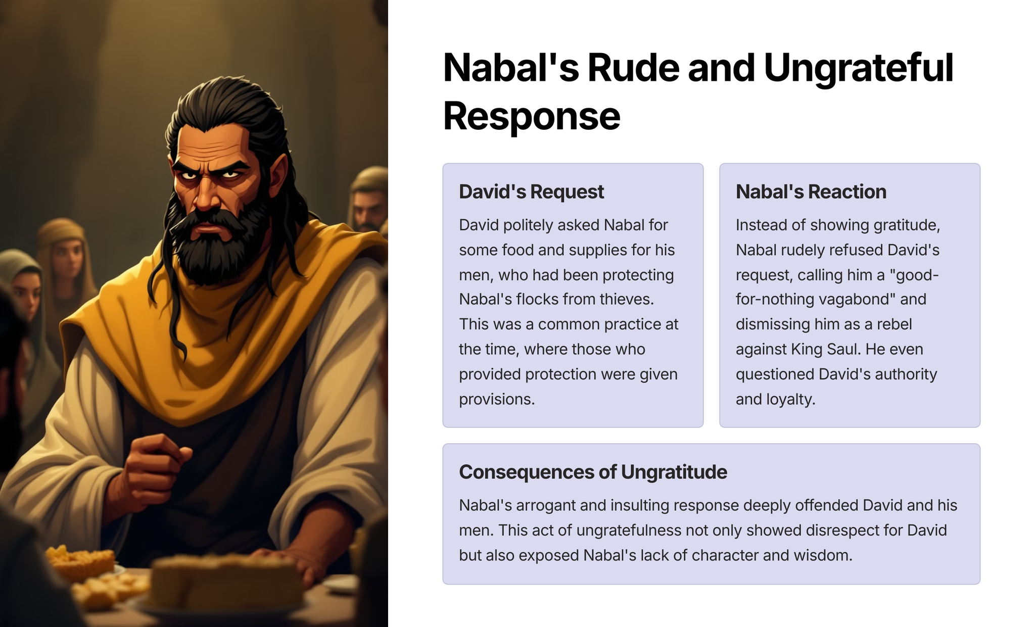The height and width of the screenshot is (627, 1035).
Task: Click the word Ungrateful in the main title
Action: coord(858,69)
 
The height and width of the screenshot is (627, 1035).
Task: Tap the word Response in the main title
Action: coord(532,116)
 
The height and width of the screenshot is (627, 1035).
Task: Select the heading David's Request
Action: coord(531,192)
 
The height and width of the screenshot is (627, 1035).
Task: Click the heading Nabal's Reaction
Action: coord(811,192)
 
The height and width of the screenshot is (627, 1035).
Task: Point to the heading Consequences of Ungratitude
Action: coord(593,472)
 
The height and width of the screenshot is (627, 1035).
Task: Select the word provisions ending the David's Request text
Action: coord(496,400)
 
